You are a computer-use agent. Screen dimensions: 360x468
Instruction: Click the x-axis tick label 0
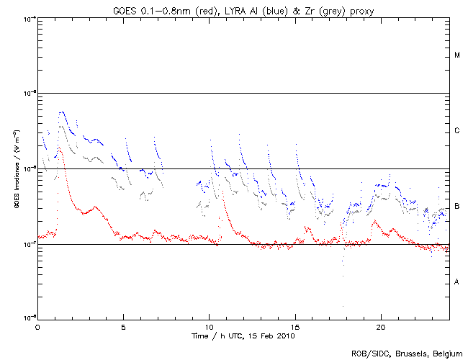(37, 325)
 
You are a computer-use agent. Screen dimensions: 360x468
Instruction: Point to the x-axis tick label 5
(123, 325)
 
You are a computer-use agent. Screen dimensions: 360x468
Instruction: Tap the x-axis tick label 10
(209, 325)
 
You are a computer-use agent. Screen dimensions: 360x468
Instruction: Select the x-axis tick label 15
(295, 325)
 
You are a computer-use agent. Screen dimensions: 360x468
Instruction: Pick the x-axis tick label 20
(381, 325)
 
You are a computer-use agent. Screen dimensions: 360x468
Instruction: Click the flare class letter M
(457, 55)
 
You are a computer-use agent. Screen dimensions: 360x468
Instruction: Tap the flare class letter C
(457, 131)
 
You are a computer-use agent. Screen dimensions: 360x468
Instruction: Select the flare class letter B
(457, 207)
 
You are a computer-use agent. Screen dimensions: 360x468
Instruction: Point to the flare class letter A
(457, 282)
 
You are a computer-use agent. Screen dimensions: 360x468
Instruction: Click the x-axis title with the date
(243, 336)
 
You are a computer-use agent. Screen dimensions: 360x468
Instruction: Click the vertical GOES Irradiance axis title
(16, 169)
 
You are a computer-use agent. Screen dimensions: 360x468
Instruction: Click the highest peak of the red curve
(60, 150)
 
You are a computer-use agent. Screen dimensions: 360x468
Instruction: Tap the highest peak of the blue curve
(62, 112)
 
